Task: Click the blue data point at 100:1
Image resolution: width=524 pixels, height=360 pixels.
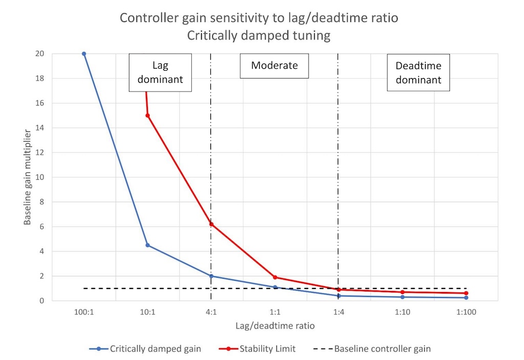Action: click(84, 54)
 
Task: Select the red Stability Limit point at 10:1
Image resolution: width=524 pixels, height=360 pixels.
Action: click(147, 116)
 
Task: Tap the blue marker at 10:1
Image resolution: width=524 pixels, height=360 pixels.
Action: click(147, 245)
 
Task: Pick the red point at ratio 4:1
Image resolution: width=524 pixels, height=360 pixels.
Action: click(211, 224)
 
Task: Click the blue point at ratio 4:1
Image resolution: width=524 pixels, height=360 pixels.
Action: click(211, 276)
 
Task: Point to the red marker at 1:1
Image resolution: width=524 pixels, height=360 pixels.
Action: click(275, 277)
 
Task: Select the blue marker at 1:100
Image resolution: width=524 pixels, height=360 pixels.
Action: click(466, 298)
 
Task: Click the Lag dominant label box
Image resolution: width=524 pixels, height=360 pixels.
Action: click(160, 73)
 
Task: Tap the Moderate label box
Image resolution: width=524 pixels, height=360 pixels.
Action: click(274, 66)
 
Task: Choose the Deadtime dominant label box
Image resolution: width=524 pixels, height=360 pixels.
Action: click(418, 73)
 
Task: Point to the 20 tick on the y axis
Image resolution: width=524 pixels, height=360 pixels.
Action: click(39, 54)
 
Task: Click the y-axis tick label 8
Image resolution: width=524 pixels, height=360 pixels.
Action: click(41, 202)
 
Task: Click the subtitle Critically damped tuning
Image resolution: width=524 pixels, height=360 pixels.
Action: click(259, 36)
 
